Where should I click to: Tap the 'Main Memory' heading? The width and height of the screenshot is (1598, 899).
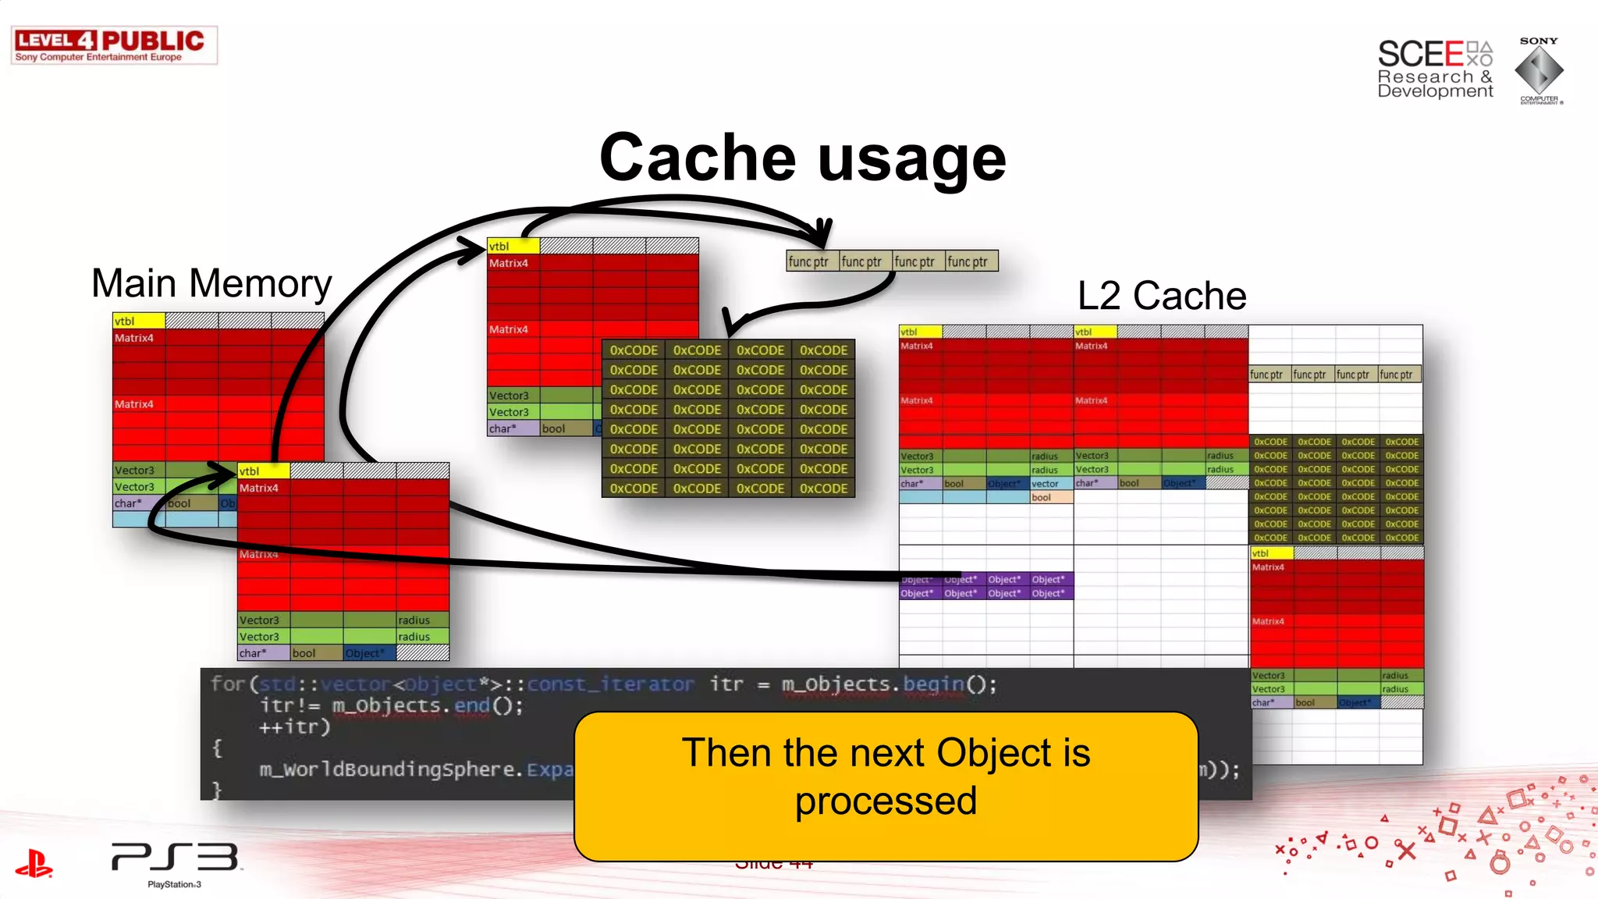point(211,283)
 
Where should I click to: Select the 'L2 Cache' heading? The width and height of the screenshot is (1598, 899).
point(1161,297)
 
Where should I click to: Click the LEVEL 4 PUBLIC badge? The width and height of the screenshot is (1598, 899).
point(114,45)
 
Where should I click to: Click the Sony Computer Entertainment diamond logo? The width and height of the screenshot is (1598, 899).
point(1539,70)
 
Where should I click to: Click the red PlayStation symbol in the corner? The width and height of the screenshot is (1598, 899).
point(34,864)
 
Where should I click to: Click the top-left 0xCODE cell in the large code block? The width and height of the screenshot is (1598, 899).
point(634,350)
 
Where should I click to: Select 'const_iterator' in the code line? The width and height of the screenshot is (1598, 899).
point(610,684)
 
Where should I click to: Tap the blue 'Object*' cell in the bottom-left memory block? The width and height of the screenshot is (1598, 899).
point(364,653)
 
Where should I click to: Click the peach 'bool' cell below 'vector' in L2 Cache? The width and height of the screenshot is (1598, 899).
point(1050,498)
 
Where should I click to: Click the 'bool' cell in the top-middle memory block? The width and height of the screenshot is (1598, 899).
point(565,428)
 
